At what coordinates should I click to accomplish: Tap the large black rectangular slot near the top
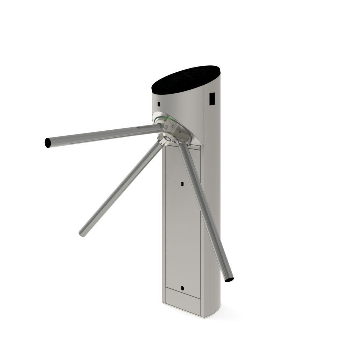point(212,98)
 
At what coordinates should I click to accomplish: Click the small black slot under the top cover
point(159,104)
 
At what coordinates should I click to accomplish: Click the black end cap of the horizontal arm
point(48,143)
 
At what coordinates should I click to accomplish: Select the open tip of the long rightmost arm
point(229,280)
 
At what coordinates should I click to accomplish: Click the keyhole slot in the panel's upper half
point(182,183)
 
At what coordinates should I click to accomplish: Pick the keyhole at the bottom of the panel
point(182,288)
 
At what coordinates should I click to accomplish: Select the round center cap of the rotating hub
point(168,139)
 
